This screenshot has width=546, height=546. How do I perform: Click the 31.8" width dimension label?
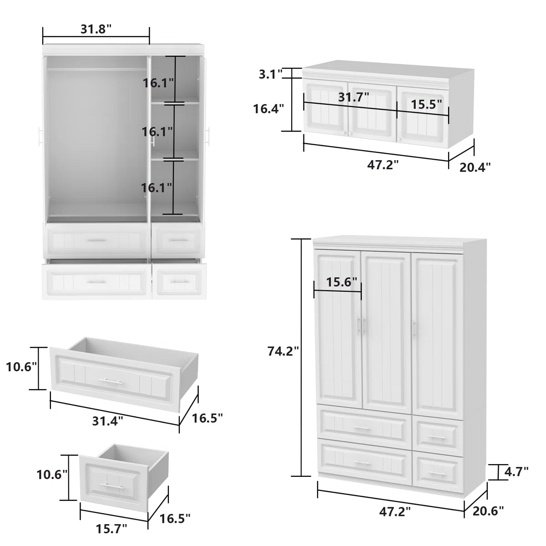tap(96, 29)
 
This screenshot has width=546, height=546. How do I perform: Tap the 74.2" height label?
tap(283, 351)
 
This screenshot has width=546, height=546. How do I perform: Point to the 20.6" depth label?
tap(488, 511)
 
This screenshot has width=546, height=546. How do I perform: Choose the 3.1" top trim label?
tap(271, 74)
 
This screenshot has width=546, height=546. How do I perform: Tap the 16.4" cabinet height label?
tap(268, 108)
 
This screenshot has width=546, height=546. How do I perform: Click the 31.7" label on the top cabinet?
tap(354, 96)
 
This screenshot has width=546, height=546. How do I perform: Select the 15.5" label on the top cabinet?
tap(426, 104)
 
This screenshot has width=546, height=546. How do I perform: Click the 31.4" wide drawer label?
tap(108, 421)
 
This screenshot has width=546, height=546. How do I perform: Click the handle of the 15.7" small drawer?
tap(112, 486)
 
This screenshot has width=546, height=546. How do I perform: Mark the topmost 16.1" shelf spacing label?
tap(158, 83)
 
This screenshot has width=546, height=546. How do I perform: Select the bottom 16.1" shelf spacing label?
tap(157, 187)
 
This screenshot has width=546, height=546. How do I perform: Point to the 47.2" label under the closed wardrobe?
tap(395, 512)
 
